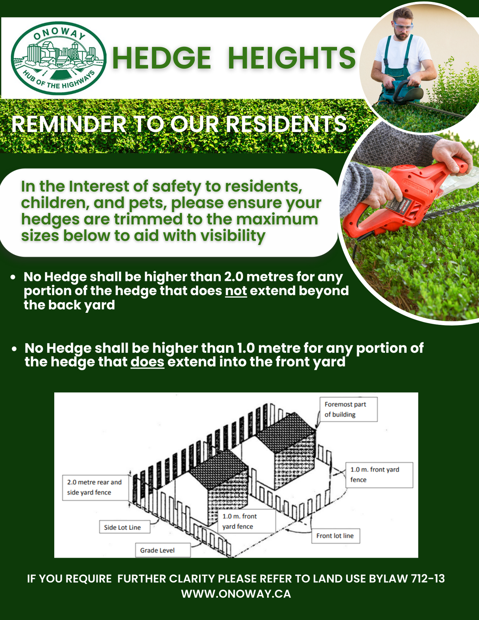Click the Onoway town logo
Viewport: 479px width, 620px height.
point(59,58)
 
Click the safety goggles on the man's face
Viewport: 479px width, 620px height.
point(403,27)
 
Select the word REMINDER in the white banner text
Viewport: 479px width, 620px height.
point(69,124)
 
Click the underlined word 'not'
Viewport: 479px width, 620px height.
point(236,291)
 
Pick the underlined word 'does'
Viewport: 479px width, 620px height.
point(147,362)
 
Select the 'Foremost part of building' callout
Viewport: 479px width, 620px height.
point(348,409)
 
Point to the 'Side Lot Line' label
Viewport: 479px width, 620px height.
point(125,527)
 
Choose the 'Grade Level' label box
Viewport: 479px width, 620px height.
point(163,550)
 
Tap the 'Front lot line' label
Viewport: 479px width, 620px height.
point(336,536)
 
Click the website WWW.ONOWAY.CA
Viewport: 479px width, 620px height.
point(236,594)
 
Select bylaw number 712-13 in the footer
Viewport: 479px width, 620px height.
point(428,578)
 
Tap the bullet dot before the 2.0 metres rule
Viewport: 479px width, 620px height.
point(13,277)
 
